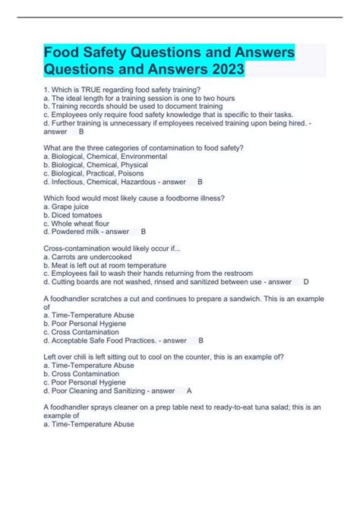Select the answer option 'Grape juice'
(x=72, y=206)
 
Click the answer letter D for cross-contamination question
(x=305, y=281)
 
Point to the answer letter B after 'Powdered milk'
(x=143, y=231)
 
